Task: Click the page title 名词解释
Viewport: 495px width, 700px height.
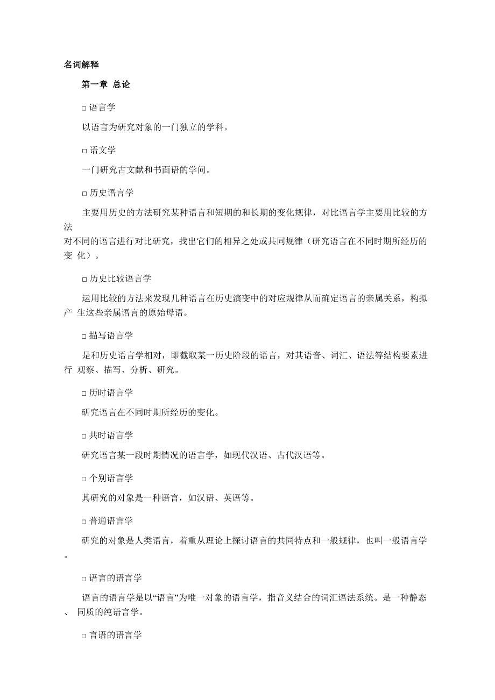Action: pos(81,65)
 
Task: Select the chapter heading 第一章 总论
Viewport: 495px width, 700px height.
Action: pos(105,84)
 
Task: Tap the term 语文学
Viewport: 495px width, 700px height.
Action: pos(102,150)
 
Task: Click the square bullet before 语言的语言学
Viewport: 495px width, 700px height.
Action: pos(84,578)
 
